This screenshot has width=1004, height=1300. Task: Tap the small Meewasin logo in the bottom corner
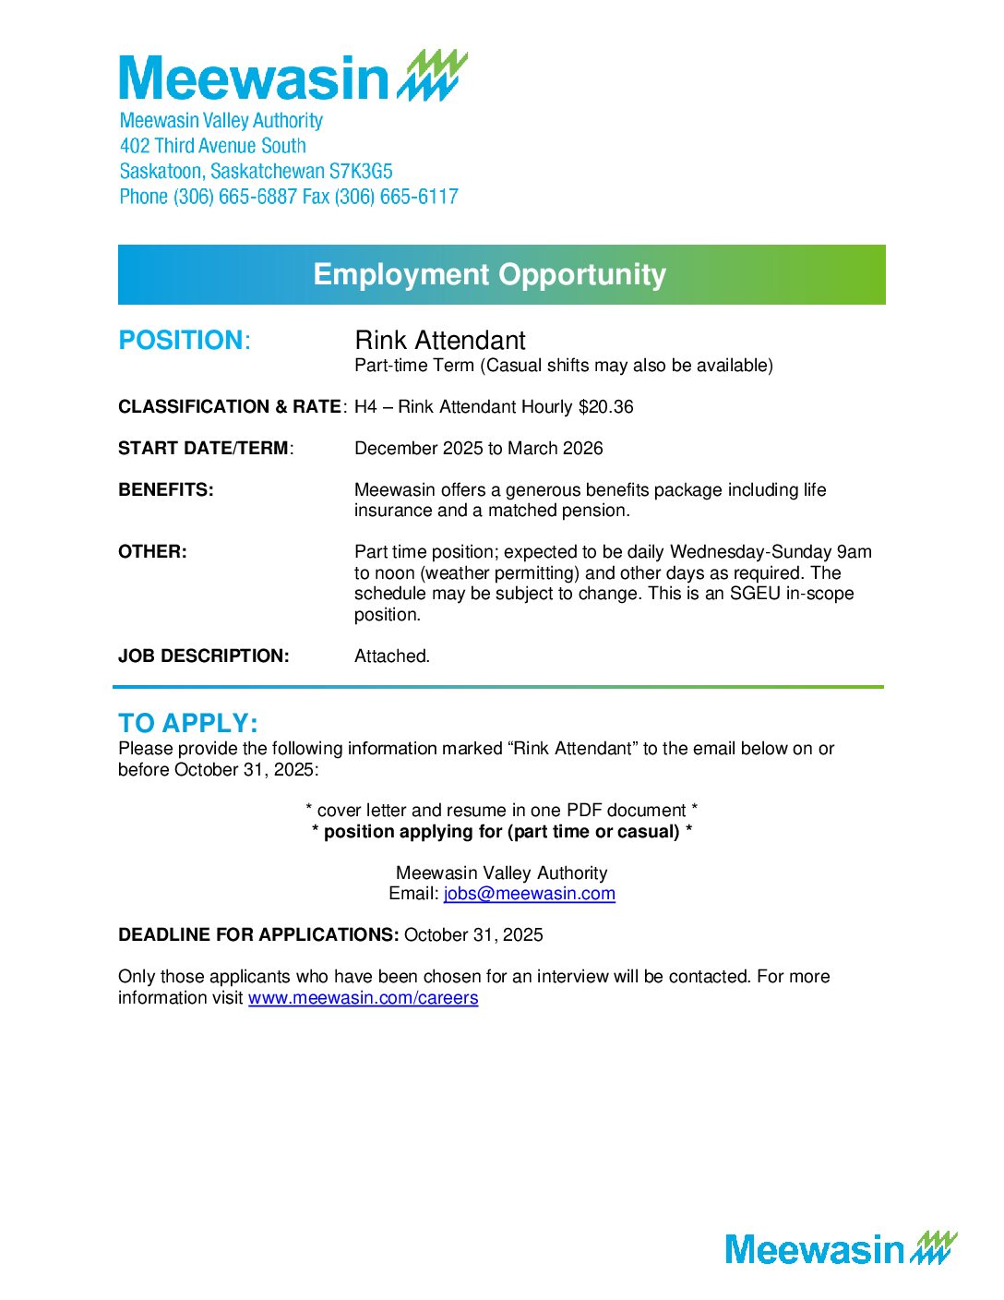841,1248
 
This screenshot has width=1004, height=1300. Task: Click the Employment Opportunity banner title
489,274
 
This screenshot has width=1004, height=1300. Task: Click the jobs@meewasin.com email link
529,894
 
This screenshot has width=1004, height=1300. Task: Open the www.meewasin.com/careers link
363,998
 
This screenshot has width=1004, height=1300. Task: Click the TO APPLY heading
188,723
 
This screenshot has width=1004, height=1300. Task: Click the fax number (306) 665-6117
397,197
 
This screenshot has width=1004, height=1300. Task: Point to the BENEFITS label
165,490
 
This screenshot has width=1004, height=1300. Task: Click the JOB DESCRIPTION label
203,656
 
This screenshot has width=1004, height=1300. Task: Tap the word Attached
392,656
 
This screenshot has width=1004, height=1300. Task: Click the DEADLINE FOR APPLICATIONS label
258,935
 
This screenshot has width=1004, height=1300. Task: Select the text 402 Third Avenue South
212,146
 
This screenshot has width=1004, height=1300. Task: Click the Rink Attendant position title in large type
440,340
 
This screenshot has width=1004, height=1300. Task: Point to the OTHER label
152,552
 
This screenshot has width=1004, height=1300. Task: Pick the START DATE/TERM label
205,449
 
